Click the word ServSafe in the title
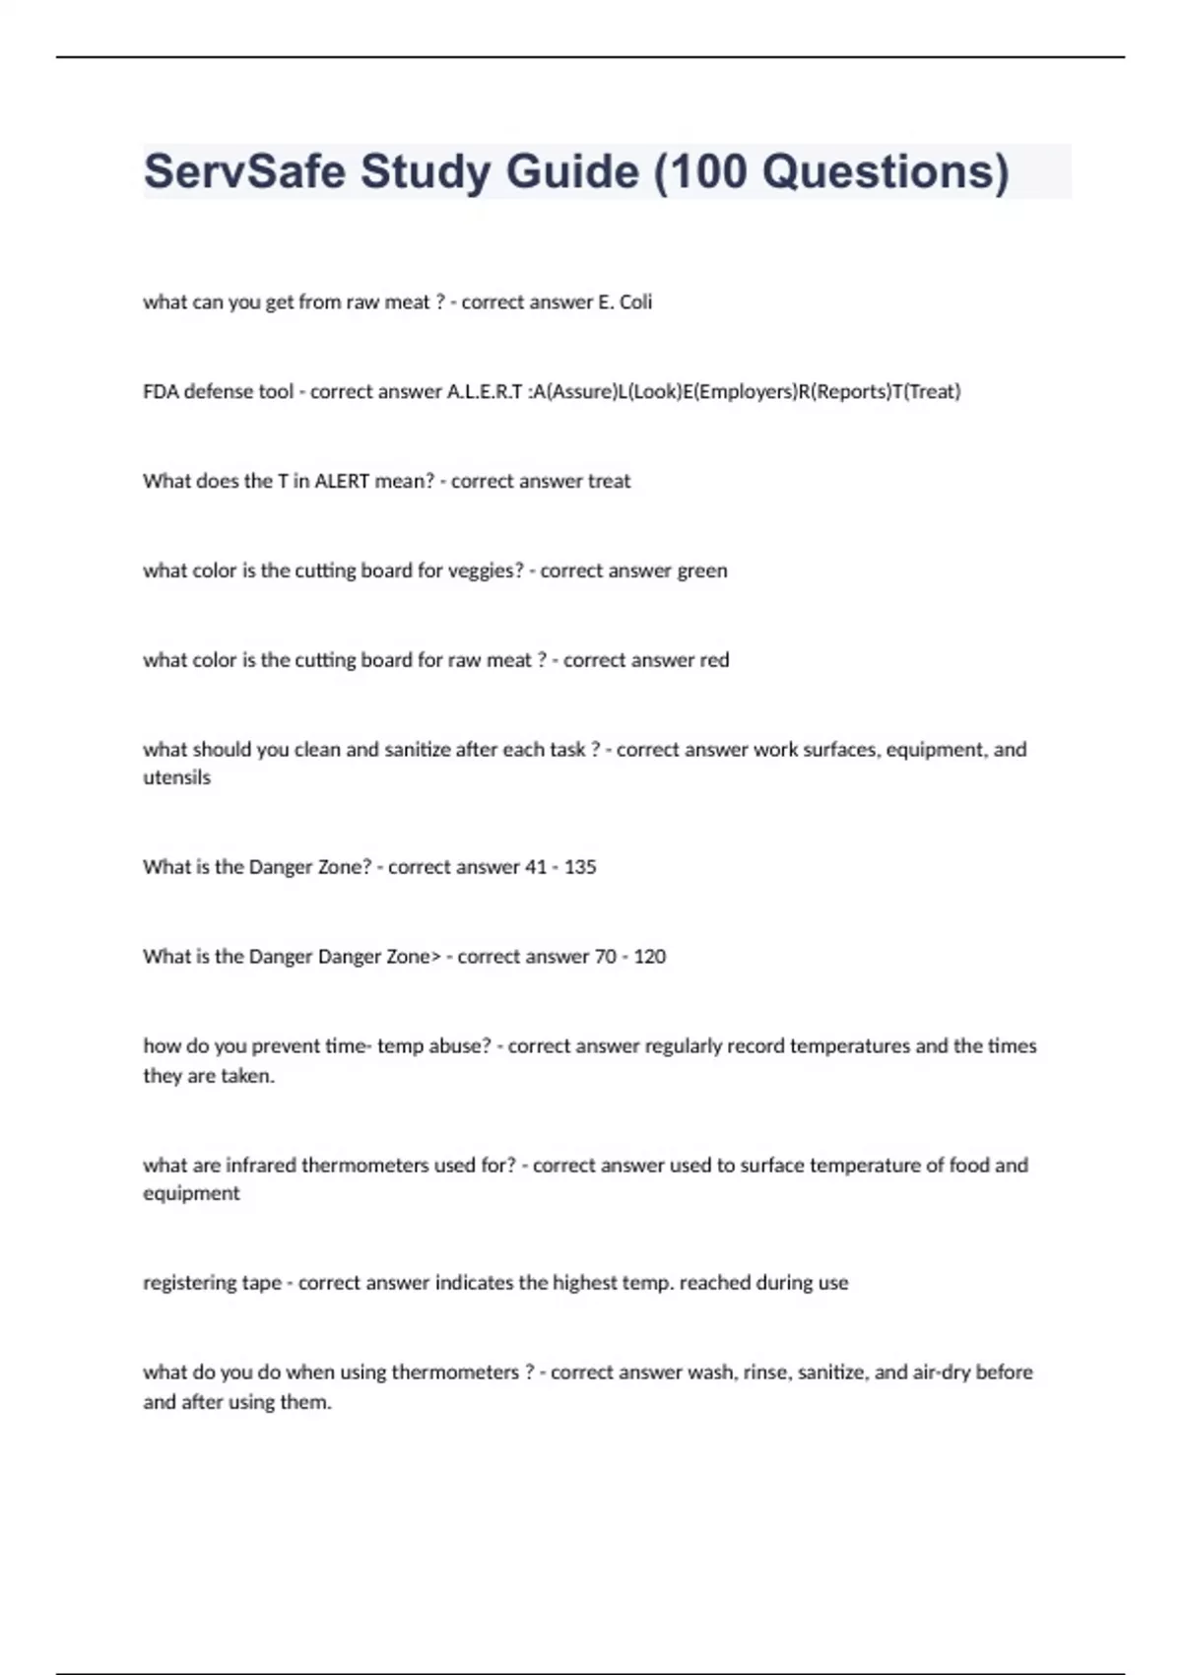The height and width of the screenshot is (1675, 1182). click(242, 171)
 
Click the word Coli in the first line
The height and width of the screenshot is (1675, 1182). click(635, 301)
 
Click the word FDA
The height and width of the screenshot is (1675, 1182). click(161, 391)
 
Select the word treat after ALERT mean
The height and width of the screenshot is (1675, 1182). click(609, 481)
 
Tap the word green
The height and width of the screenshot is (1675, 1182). click(702, 570)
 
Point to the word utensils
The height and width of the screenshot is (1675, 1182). click(177, 777)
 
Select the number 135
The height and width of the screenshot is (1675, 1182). click(580, 867)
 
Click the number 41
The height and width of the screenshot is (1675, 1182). click(536, 867)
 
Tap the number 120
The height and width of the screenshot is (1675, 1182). click(650, 957)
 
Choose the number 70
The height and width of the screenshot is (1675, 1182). click(606, 957)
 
